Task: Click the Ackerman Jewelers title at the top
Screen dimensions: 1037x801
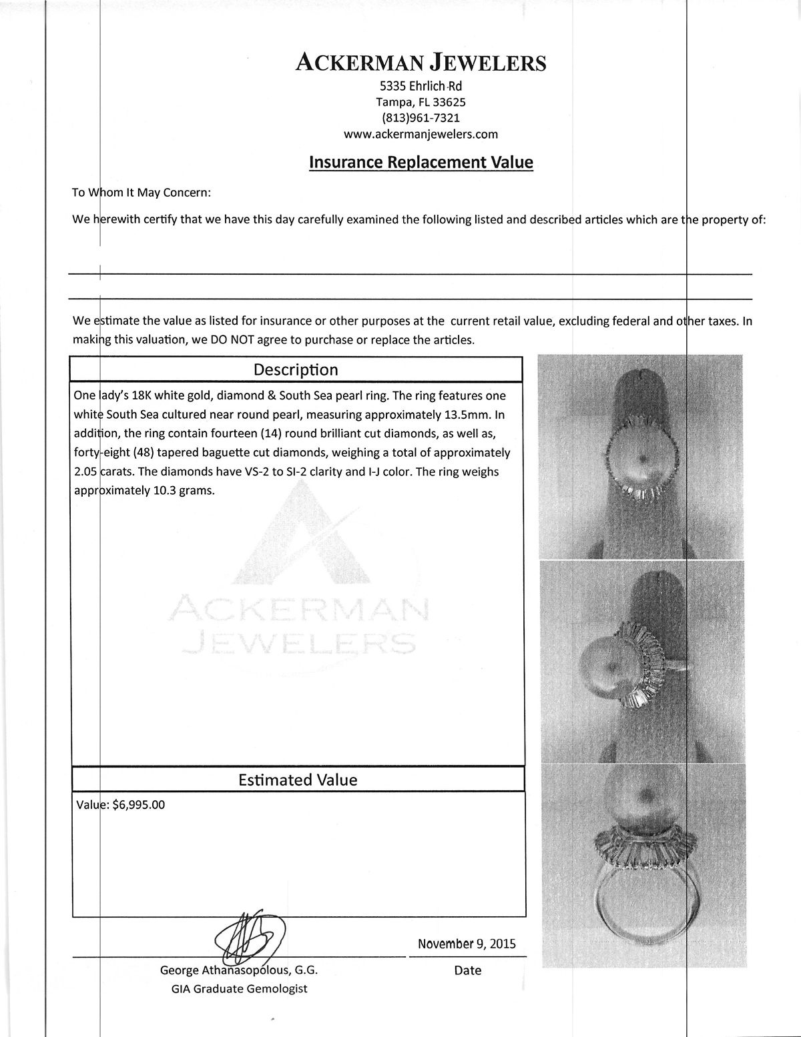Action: tap(421, 63)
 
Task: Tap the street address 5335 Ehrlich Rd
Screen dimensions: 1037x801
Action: tap(421, 86)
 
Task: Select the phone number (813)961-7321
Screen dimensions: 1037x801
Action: tap(421, 118)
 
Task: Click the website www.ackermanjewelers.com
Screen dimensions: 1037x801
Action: tap(421, 134)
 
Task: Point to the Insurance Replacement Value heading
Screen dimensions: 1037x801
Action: tap(421, 162)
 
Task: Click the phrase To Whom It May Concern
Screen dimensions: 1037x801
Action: tap(142, 193)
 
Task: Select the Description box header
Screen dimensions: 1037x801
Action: tap(296, 369)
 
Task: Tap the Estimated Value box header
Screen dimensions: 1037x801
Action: tap(298, 780)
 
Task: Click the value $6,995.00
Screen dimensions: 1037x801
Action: tap(139, 805)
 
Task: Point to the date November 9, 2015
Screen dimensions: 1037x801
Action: tap(467, 944)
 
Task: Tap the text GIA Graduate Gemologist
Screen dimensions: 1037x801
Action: tap(239, 988)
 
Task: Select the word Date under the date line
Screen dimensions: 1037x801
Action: tap(467, 970)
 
